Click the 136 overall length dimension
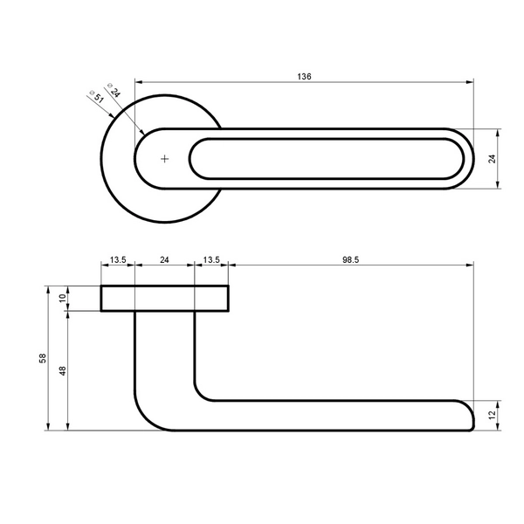pyautogui.click(x=304, y=77)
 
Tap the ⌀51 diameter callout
pyautogui.click(x=97, y=97)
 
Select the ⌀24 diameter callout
pyautogui.click(x=114, y=90)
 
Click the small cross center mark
pyautogui.click(x=164, y=159)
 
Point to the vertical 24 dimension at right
pyautogui.click(x=493, y=159)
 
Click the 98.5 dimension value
pyautogui.click(x=350, y=259)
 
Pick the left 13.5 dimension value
pyautogui.click(x=118, y=259)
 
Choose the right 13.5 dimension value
pyautogui.click(x=211, y=259)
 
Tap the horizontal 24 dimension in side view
pyautogui.click(x=164, y=259)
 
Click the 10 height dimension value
pyautogui.click(x=63, y=298)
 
